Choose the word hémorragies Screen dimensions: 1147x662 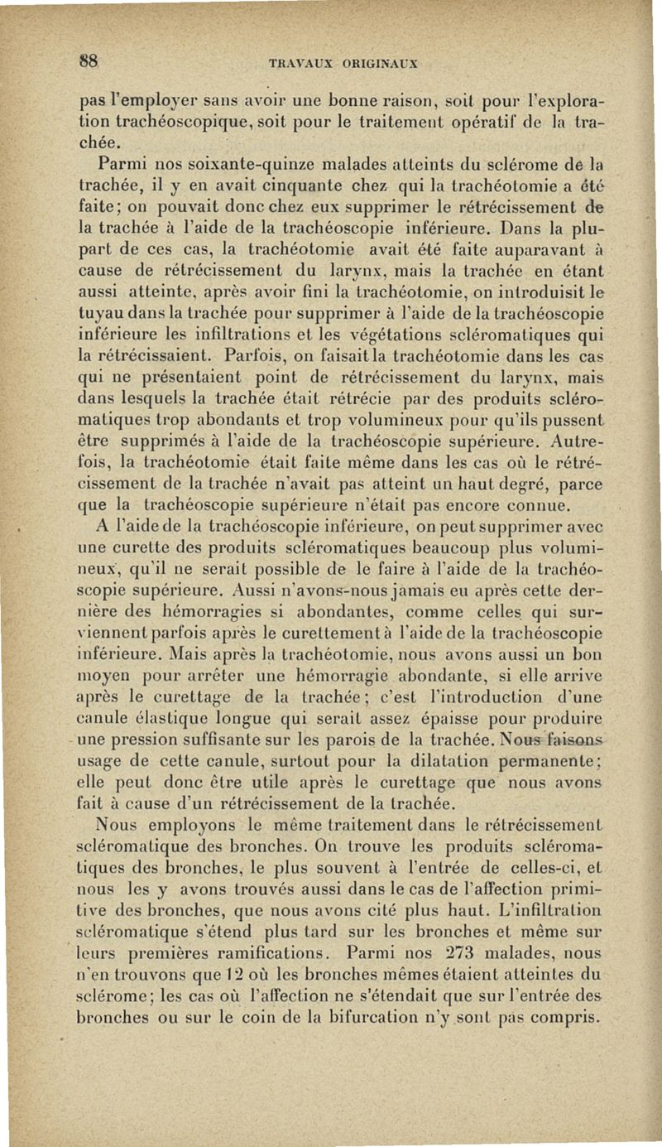coord(196,610)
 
